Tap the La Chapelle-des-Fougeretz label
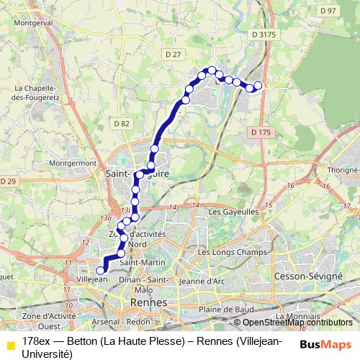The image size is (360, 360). (x=36, y=92)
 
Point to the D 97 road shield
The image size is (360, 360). (x=328, y=11)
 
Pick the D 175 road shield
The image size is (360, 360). (x=261, y=132)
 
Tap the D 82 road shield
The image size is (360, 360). (x=121, y=124)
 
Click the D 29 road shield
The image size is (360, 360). (x=8, y=181)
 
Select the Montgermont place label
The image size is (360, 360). (x=73, y=163)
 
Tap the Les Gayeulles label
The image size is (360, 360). (x=233, y=212)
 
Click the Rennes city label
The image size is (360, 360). (x=144, y=302)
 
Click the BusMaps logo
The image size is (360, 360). (x=325, y=345)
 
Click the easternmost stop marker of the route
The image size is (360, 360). (x=258, y=86)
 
